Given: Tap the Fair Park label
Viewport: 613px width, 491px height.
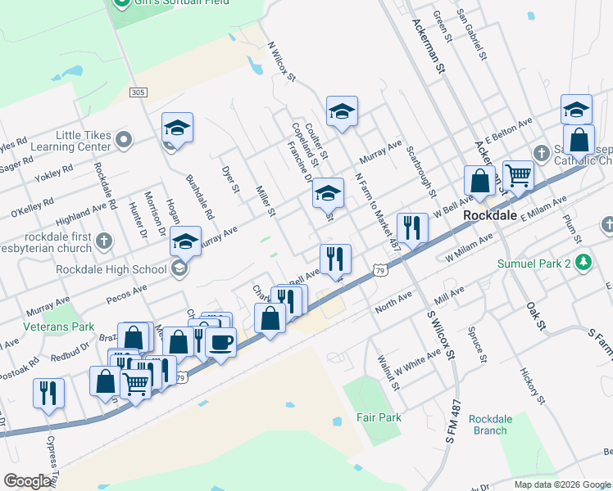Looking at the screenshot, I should [x=379, y=417].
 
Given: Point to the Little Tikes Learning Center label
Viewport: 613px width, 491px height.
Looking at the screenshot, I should [x=83, y=141].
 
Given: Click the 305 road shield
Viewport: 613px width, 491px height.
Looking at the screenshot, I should [x=137, y=92].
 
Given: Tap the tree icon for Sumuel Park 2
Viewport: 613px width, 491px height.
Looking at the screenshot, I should [x=583, y=264].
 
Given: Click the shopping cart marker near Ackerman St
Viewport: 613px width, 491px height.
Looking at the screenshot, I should [x=518, y=174].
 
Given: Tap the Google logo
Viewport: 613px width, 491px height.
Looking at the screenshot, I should [x=27, y=481].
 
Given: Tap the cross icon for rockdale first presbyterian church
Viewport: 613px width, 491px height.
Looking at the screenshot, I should [x=103, y=241].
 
